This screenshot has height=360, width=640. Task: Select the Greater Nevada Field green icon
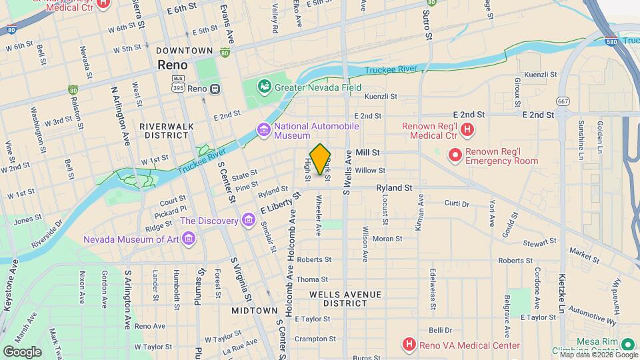(265, 87)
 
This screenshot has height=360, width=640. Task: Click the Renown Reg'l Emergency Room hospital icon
(456, 156)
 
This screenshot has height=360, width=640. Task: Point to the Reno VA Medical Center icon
(409, 345)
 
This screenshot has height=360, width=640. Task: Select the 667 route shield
(564, 101)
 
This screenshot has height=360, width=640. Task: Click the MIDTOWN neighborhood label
(254, 311)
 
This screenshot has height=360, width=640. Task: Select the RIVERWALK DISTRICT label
(164, 130)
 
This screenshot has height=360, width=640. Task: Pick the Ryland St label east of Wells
(394, 189)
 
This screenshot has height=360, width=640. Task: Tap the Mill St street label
(367, 153)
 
